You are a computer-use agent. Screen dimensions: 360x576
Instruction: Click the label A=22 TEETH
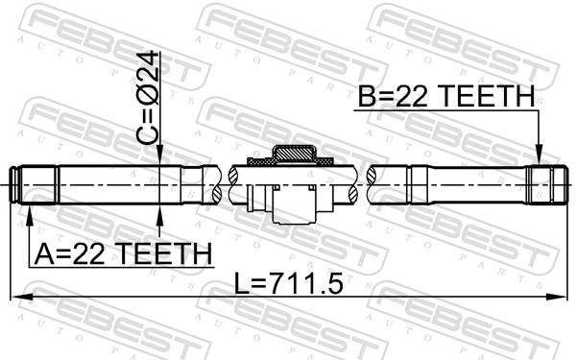pyautogui.click(x=123, y=253)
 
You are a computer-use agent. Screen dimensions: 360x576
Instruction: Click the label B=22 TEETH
pyautogui.click(x=445, y=96)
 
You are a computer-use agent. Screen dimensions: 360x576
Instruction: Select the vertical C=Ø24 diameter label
pyautogui.click(x=152, y=96)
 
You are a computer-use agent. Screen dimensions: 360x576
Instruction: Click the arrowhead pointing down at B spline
pyautogui.click(x=539, y=154)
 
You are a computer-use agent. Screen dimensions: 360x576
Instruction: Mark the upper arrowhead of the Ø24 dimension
pyautogui.click(x=160, y=158)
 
